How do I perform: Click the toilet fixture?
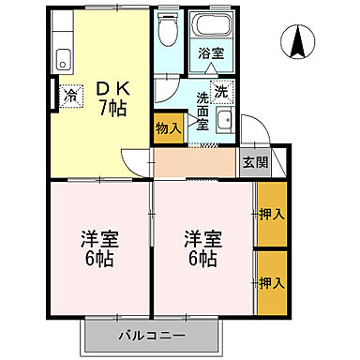169,33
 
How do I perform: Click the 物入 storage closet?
168,127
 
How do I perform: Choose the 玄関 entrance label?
253,162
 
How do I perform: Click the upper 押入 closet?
271,214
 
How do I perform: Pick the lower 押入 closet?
271,282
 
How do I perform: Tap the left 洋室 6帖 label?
99,247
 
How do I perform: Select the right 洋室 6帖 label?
202,247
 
